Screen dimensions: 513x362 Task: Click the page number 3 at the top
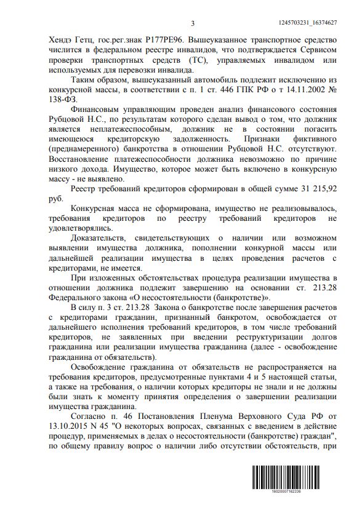coord(192,23)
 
